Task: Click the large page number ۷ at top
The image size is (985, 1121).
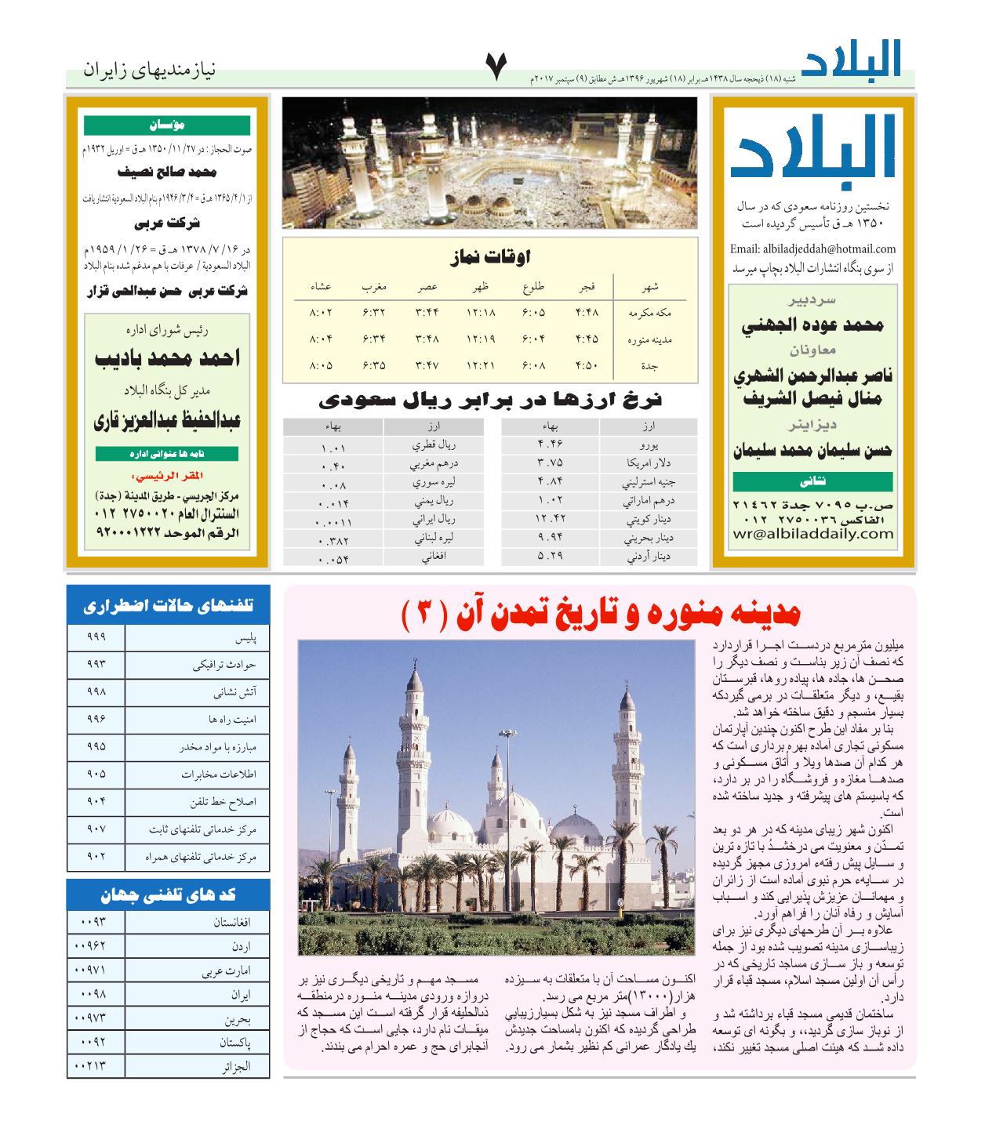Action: pos(496,69)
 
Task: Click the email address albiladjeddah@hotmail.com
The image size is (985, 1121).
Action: pos(812,249)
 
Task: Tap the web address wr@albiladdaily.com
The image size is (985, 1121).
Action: pos(812,534)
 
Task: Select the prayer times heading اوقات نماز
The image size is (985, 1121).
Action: pos(491,256)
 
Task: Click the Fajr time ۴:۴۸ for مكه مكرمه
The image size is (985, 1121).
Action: pos(587,312)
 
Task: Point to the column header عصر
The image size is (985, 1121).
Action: pos(427,287)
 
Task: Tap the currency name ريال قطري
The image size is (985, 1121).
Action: pos(434,444)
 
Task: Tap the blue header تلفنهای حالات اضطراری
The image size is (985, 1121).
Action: pos(168,606)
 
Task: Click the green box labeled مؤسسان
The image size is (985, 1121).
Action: pos(167,125)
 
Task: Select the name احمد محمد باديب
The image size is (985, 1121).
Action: pos(167,359)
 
